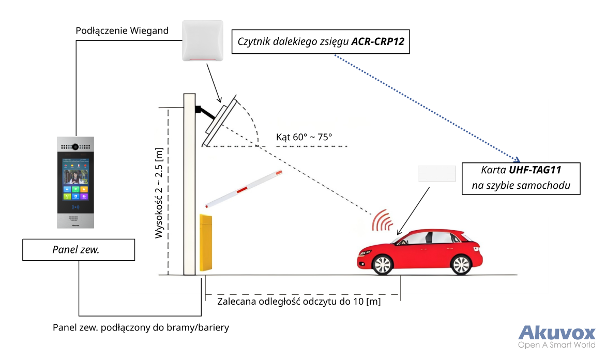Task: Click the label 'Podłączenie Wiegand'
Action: (122, 31)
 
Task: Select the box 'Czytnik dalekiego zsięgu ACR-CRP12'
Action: (321, 42)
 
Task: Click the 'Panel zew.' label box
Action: (79, 250)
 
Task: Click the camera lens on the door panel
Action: (75, 146)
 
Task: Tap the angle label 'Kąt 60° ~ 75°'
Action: (304, 137)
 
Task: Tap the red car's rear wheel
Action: (460, 264)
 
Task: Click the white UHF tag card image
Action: (437, 173)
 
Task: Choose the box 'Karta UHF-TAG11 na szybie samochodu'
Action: (521, 178)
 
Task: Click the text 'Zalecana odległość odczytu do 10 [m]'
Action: (299, 302)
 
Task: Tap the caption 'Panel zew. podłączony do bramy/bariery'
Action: (141, 327)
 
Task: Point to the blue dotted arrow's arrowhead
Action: (517, 159)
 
